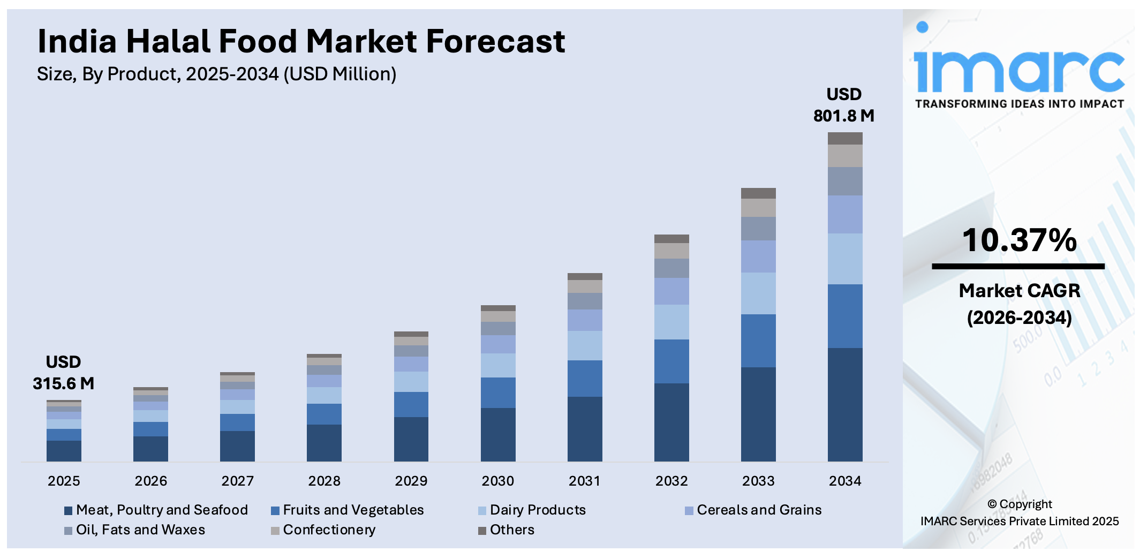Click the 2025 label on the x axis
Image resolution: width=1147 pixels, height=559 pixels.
pos(64,481)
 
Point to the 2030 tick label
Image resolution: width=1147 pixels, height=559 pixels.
pos(497,481)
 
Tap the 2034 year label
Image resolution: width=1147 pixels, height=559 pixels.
pos(845,481)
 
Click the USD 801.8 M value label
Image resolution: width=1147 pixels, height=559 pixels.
pos(844,105)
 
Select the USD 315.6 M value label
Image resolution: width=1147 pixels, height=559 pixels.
pos(63,373)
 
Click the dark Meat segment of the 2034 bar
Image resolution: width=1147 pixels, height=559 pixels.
pos(845,404)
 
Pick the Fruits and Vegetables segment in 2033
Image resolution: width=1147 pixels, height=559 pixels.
pos(758,341)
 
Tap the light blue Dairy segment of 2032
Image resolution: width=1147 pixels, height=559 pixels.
pos(671,322)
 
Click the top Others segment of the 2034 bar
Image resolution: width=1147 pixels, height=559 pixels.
pos(845,138)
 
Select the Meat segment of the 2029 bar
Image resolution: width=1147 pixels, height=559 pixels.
pos(411,439)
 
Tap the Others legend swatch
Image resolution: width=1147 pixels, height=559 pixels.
pos(482,531)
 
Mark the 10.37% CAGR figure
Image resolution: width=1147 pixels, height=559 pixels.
pos(1019,240)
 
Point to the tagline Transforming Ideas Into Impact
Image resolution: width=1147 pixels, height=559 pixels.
pos(1019,104)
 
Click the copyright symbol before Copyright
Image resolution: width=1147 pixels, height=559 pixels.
pos(992,504)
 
